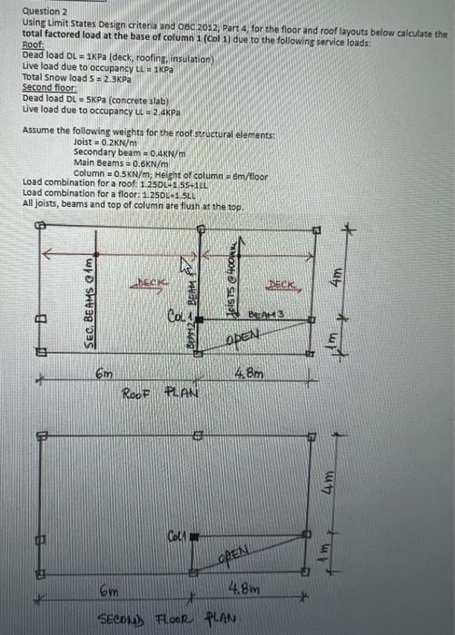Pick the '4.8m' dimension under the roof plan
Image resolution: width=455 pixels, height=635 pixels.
pos(251,372)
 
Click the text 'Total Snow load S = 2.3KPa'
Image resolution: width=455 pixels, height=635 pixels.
pos(69,77)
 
